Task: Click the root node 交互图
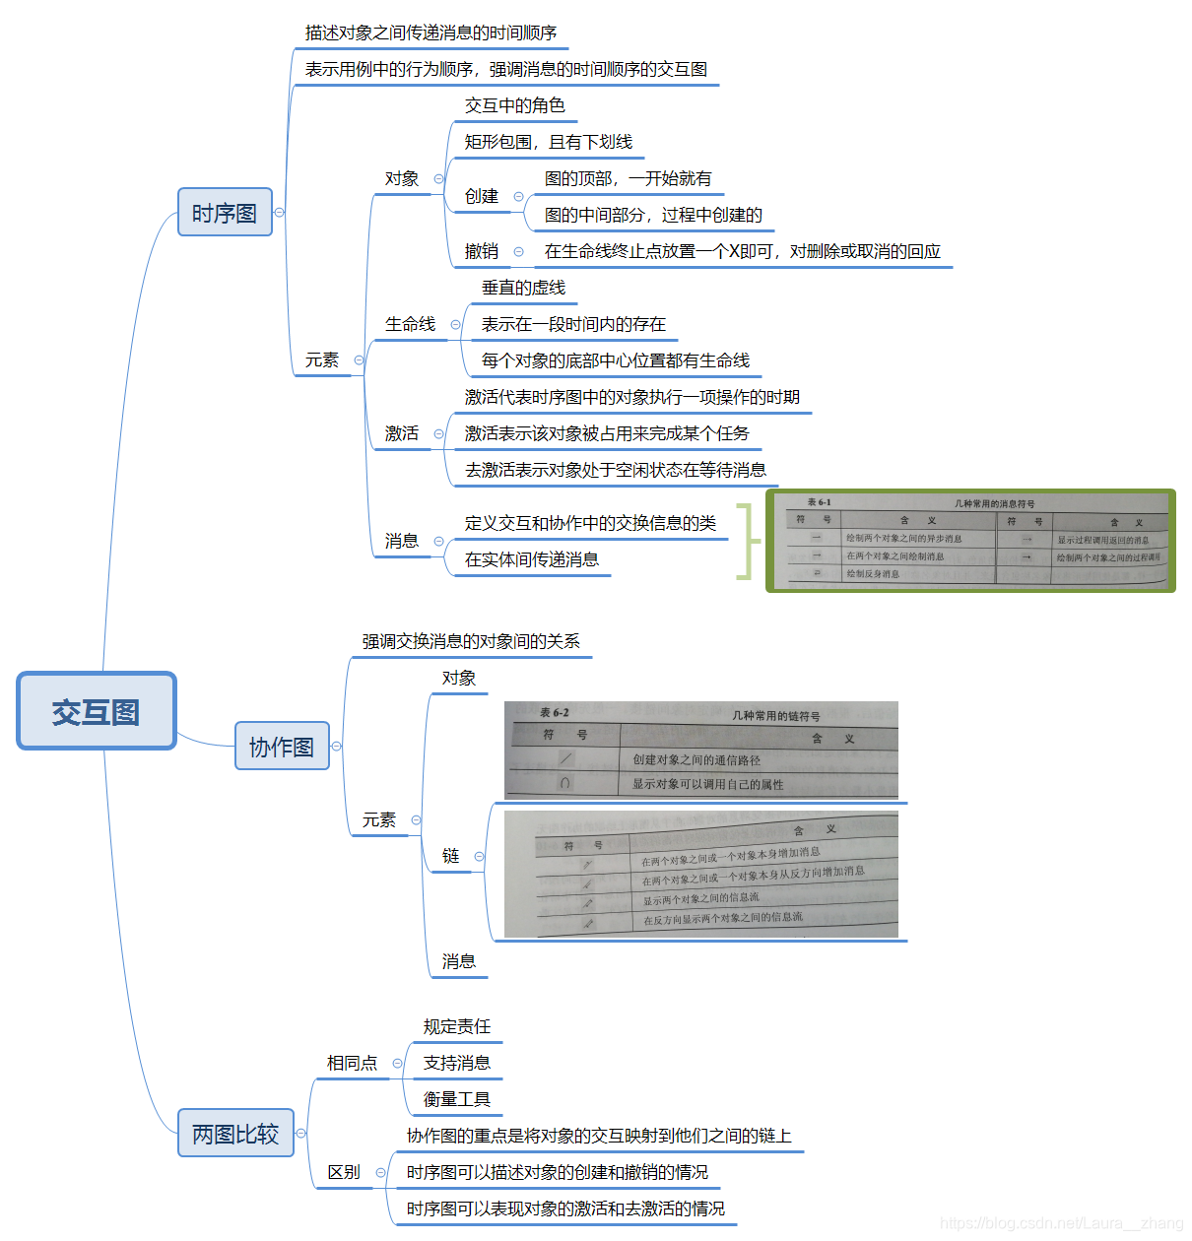pyautogui.click(x=96, y=711)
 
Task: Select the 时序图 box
pyautogui.click(x=225, y=213)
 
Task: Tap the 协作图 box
pyautogui.click(x=282, y=747)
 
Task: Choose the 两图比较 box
pyautogui.click(x=235, y=1134)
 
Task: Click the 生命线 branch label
pyautogui.click(x=410, y=324)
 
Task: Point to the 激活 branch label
pyautogui.click(x=402, y=433)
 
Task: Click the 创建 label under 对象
pyautogui.click(x=482, y=196)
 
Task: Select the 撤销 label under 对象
pyautogui.click(x=482, y=251)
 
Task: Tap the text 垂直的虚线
pyautogui.click(x=523, y=288)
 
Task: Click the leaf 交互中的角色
pyautogui.click(x=514, y=105)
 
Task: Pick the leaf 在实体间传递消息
pyautogui.click(x=532, y=559)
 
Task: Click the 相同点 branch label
pyautogui.click(x=352, y=1063)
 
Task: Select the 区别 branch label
pyautogui.click(x=344, y=1172)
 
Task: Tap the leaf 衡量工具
pyautogui.click(x=457, y=1099)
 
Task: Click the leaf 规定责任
pyautogui.click(x=457, y=1026)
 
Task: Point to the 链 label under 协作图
pyautogui.click(x=450, y=856)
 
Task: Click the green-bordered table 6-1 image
pyautogui.click(x=970, y=541)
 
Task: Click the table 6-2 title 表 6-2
pyautogui.click(x=554, y=712)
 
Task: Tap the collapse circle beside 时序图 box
pyautogui.click(x=280, y=213)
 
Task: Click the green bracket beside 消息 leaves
pyautogui.click(x=749, y=541)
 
